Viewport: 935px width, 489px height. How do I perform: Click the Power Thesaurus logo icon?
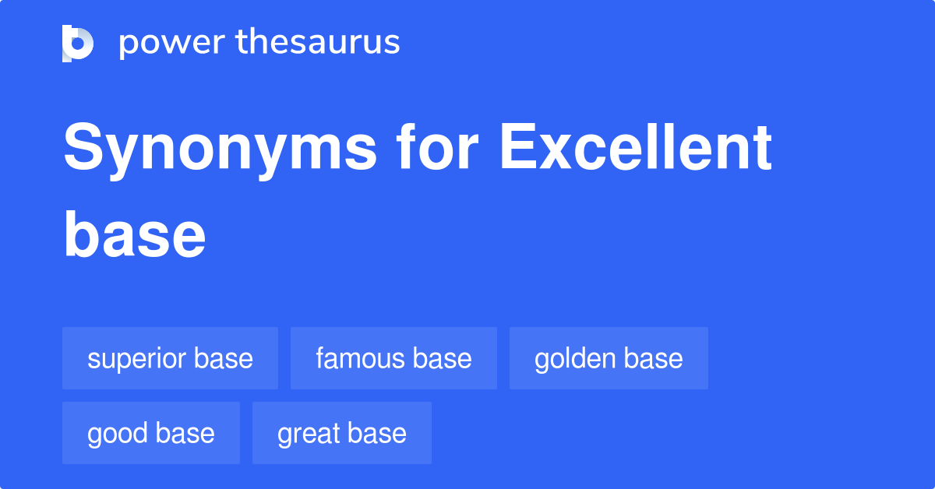[78, 43]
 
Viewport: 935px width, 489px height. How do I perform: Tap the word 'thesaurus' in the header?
[319, 43]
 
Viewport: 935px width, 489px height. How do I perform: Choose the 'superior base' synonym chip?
[170, 358]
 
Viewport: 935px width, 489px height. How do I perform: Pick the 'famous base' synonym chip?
[393, 358]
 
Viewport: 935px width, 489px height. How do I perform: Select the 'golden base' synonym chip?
[609, 358]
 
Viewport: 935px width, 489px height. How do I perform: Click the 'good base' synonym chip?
[151, 433]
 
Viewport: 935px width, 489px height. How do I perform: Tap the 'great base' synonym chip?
[341, 433]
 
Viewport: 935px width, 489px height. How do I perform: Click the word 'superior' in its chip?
[137, 358]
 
